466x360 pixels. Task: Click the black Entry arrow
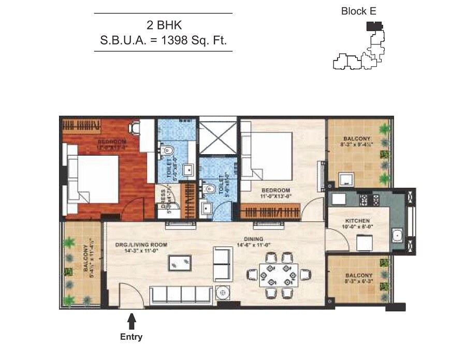[132, 322]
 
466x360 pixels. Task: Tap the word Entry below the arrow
[131, 337]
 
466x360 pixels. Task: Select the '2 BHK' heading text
[163, 24]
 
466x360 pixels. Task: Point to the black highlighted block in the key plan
[374, 25]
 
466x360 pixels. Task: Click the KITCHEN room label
[357, 221]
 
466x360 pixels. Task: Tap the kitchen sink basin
[398, 235]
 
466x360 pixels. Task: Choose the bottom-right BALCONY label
[357, 275]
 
